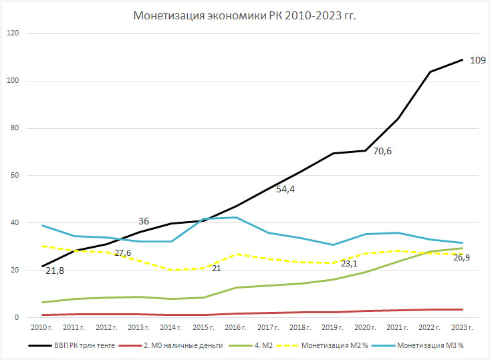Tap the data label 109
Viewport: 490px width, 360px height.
tap(477, 60)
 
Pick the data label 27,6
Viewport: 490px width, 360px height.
tap(123, 254)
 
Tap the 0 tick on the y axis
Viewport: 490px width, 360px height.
tap(17, 318)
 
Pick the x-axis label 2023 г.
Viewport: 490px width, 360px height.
tap(462, 328)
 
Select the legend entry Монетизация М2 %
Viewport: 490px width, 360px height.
tap(338, 346)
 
